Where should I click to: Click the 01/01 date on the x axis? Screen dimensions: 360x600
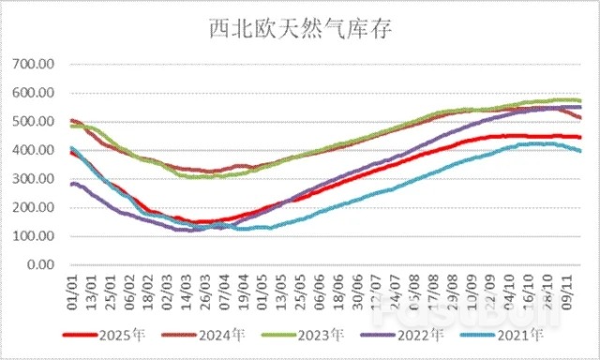[71, 286]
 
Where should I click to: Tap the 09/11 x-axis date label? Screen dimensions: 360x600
[567, 286]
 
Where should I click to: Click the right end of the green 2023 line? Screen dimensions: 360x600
[580, 100]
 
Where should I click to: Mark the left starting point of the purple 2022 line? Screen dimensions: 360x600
[71, 184]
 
